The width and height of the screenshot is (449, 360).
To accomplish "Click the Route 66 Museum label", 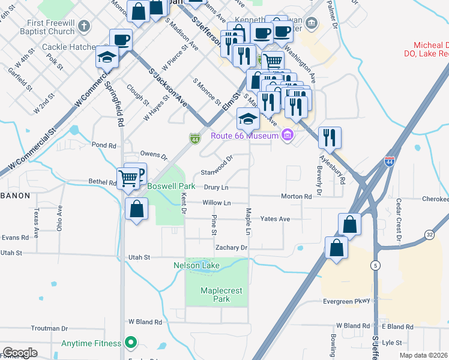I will tap(244, 136).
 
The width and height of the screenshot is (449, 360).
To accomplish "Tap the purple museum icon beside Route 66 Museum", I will tap(288, 136).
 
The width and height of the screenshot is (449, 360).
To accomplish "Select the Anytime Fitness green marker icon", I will tap(129, 344).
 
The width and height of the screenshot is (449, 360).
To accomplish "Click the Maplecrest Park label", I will tap(215, 294).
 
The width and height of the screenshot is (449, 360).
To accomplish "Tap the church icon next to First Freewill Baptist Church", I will tap(84, 26).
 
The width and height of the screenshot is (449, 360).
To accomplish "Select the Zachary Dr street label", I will tap(231, 247).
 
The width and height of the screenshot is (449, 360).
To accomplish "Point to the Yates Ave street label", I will tap(276, 219).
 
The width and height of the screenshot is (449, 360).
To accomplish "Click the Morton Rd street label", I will tap(297, 196).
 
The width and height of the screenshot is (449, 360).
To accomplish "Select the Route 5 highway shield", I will tap(375, 265).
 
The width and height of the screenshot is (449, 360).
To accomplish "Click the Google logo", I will tap(20, 352).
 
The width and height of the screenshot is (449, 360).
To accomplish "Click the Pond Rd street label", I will tap(104, 145).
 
